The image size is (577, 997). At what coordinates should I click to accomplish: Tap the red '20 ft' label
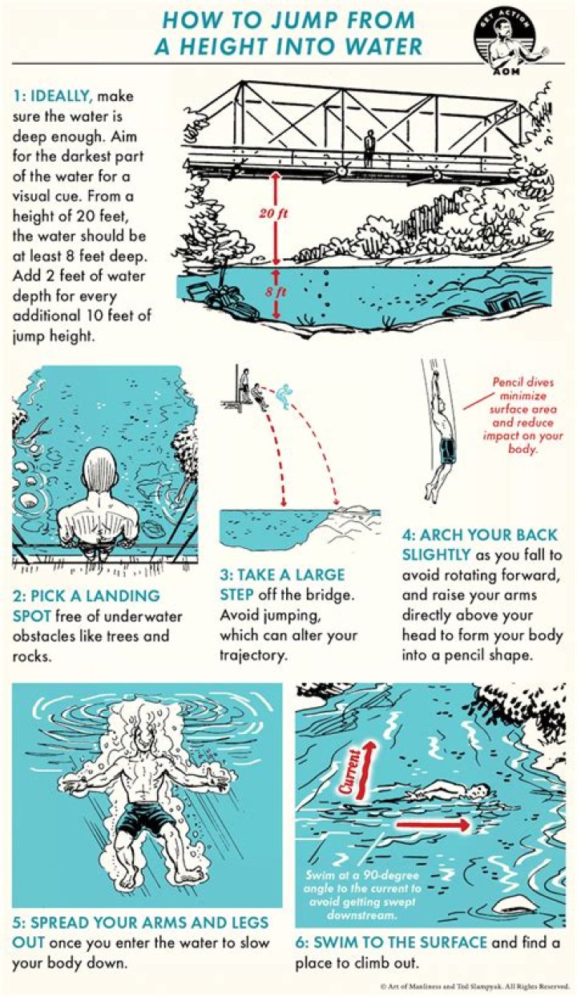click(x=273, y=214)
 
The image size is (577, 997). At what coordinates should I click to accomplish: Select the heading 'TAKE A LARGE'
click(x=282, y=575)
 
